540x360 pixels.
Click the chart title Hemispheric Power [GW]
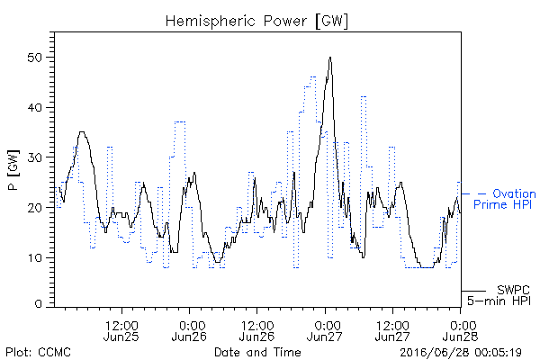tap(256, 22)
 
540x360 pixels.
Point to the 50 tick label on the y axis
tap(34, 58)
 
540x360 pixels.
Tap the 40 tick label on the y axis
tap(34, 107)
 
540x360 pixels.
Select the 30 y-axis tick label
tap(34, 157)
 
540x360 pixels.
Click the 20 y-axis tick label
tap(34, 208)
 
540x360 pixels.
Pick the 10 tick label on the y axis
tap(35, 257)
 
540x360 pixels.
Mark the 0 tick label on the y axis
tap(38, 304)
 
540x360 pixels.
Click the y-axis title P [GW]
tap(13, 170)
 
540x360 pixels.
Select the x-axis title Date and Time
tap(257, 352)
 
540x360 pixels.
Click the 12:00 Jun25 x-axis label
tap(121, 330)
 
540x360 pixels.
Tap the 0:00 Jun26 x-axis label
tap(189, 330)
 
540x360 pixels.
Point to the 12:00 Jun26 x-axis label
tap(256, 330)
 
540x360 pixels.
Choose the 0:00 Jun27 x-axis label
tap(325, 330)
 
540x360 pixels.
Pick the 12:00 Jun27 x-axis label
tap(392, 330)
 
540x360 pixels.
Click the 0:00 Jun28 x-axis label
tap(461, 330)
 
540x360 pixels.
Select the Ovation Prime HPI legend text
tap(505, 199)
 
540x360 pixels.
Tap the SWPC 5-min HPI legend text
tap(499, 295)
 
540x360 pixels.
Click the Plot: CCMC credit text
tap(39, 352)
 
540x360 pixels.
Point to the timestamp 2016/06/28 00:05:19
tap(461, 353)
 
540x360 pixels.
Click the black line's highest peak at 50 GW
tap(330, 58)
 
